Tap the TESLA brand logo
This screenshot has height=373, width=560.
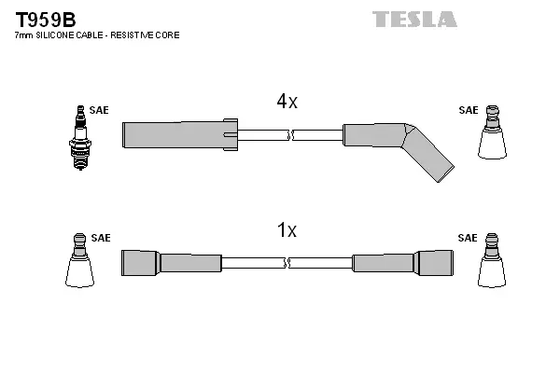point(414,20)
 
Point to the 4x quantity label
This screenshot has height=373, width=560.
point(286,103)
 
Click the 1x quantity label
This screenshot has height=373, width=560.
point(286,230)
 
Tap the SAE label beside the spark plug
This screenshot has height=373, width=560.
point(100,110)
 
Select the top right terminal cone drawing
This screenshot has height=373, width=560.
point(491,136)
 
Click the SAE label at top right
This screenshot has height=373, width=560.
point(468,110)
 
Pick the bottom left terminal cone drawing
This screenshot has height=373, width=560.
point(80,263)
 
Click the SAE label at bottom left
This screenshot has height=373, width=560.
point(101,238)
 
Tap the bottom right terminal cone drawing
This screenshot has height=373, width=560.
point(491,263)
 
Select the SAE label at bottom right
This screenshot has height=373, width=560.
point(468,238)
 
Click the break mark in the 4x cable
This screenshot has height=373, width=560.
point(291,135)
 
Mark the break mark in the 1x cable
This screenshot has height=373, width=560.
point(287,263)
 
